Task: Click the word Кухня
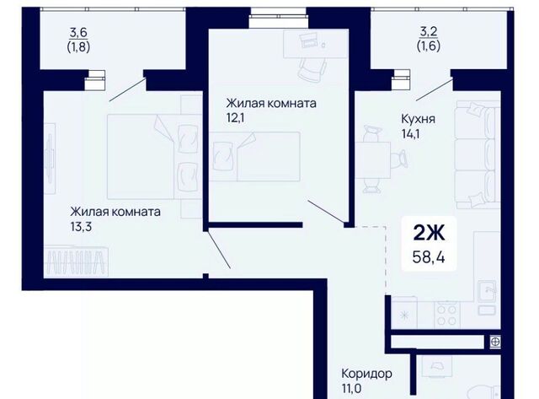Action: pos(418,119)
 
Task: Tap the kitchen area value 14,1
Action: pos(410,133)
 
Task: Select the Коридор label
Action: pos(366,374)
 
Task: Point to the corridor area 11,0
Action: pos(351,389)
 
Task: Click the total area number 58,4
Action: pos(429,256)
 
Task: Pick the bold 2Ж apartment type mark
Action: pos(429,234)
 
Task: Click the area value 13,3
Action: pos(81,227)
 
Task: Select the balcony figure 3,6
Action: pos(78,33)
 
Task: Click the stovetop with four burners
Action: pos(447,315)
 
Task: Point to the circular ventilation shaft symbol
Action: pos(495,342)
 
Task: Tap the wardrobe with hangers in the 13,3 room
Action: pos(76,261)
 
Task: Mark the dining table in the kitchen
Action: pos(373,160)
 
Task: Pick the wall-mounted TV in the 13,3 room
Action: pos(51,159)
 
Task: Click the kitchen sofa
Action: pos(478,154)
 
